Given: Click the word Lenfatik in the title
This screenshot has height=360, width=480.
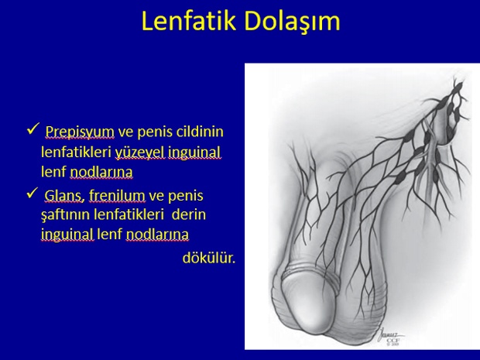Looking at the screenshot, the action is click(x=189, y=21).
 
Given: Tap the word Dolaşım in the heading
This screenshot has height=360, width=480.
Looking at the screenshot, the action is click(x=293, y=22).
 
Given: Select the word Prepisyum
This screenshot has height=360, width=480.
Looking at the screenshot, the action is click(x=80, y=132).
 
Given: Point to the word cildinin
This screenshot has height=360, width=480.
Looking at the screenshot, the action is click(x=200, y=132).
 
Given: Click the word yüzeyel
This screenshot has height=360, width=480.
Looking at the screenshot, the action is click(x=140, y=153).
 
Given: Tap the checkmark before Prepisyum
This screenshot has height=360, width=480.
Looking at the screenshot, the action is click(x=33, y=129).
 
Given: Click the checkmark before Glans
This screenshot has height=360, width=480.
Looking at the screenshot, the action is click(x=33, y=193).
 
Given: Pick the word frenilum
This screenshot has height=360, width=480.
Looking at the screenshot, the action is click(x=117, y=196).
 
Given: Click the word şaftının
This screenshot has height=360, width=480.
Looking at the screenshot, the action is click(x=66, y=215).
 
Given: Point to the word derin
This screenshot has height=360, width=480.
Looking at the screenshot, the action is click(x=189, y=214).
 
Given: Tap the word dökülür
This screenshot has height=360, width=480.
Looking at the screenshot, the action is click(x=209, y=258).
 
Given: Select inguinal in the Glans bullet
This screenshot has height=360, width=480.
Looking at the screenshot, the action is click(x=67, y=235).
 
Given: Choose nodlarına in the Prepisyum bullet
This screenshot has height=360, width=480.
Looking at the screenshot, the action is click(x=101, y=172).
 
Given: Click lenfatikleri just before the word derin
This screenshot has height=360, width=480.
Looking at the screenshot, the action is click(x=129, y=214).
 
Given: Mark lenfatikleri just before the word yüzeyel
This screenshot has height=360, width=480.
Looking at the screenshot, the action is click(x=76, y=153).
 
